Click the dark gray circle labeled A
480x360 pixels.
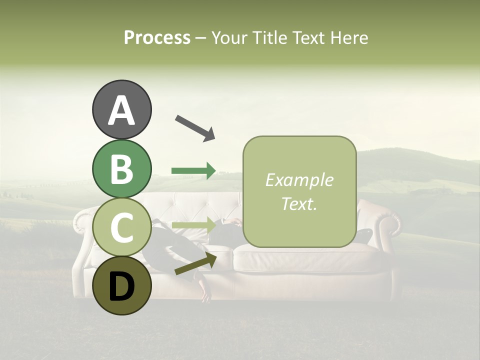[121, 109]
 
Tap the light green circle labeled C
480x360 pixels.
[121, 227]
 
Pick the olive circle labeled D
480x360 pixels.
[121, 285]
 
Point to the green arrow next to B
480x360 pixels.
[193, 171]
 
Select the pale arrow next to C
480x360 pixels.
[193, 225]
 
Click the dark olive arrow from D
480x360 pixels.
[195, 263]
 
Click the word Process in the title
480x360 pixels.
[157, 37]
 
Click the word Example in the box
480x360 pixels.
[299, 180]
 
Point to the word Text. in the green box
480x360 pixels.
[299, 204]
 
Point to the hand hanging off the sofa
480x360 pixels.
[205, 295]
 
